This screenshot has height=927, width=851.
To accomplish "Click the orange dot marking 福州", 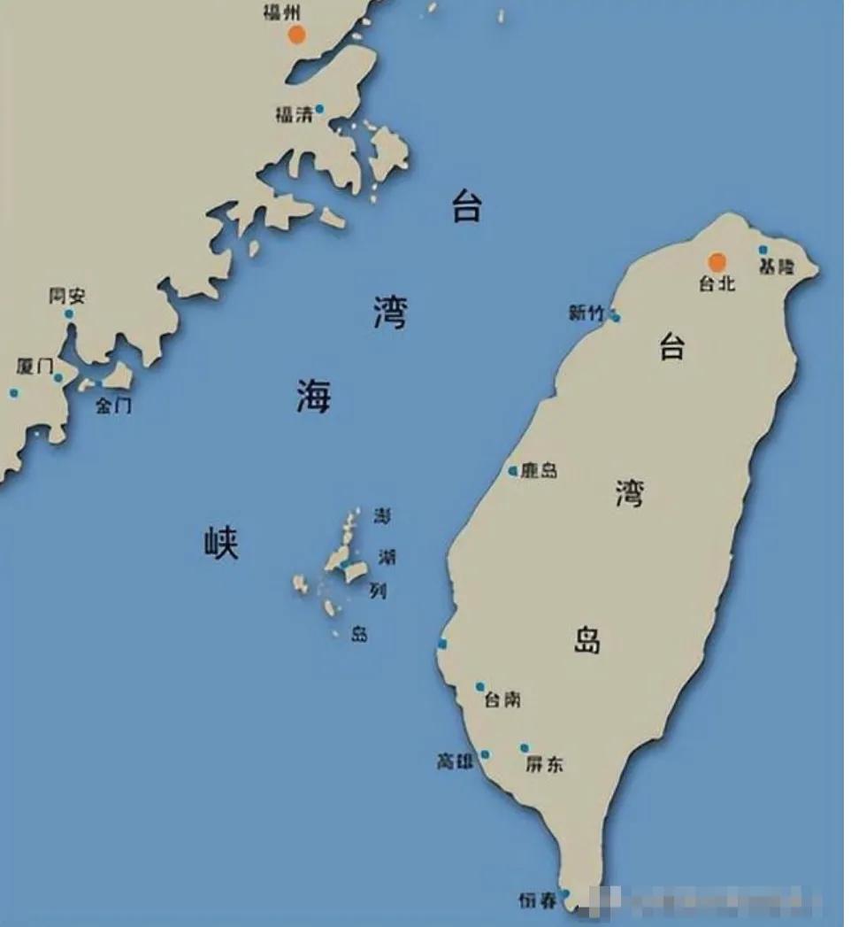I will coord(296,35).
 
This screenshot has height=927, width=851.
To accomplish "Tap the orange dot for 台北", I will coord(717,262).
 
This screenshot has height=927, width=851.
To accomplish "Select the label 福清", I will coord(293,114).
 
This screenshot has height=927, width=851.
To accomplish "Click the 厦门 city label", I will coord(34,367).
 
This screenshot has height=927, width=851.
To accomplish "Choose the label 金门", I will coord(113,406).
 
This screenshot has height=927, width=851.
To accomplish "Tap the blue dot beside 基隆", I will coord(763,251).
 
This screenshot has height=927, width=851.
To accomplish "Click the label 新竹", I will coord(587,313).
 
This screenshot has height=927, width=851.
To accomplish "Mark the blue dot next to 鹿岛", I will coord(513,471).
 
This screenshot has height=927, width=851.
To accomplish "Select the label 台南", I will coord(502,700).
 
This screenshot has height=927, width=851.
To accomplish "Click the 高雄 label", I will coord(456,761).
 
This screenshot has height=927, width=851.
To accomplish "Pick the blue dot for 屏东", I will coord(525,748).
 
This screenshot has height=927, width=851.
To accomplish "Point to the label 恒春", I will coord(538,901).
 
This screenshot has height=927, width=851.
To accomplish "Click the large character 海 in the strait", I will coord(313,395).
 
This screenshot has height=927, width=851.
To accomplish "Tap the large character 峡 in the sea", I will coord(220,541).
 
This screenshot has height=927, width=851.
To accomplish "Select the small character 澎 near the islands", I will coord(382,516).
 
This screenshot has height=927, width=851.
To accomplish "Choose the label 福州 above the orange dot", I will coord(281,13).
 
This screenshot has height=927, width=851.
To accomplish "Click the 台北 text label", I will coord(717,284).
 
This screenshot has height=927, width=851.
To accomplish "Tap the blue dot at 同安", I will coord(69,313).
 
